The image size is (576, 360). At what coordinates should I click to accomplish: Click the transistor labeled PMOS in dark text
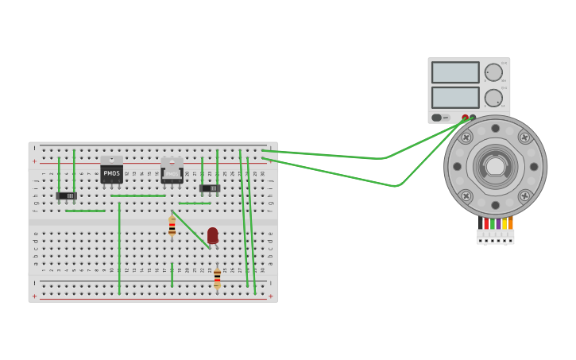click(111, 173)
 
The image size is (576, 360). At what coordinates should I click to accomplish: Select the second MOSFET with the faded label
click(172, 174)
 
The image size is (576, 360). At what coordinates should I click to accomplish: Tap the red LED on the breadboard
click(212, 235)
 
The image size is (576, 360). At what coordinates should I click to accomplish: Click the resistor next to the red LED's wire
click(172, 226)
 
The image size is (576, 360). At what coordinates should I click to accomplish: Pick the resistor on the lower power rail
click(217, 278)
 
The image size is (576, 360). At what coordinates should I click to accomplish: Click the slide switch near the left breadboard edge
click(66, 195)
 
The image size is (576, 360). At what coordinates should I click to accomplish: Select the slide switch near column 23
click(210, 188)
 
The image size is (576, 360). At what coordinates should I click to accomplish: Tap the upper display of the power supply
click(455, 72)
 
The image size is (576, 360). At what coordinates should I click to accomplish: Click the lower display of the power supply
click(455, 97)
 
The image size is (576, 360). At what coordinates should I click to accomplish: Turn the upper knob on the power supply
click(493, 72)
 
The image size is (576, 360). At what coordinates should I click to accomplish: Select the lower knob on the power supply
click(493, 98)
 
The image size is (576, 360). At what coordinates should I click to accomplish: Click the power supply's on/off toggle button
click(437, 118)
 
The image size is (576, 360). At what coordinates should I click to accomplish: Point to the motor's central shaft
click(495, 166)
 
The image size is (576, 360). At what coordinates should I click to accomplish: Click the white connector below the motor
click(495, 237)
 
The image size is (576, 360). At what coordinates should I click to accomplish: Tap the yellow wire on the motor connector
click(504, 223)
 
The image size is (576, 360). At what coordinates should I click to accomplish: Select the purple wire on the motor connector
click(498, 223)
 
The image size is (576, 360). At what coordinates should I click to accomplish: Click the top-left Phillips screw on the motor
click(466, 137)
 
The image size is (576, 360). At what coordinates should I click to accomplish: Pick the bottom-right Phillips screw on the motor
click(524, 195)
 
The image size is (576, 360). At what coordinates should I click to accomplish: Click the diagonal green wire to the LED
click(190, 229)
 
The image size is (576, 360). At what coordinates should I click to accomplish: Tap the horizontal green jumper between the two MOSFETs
click(138, 195)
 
